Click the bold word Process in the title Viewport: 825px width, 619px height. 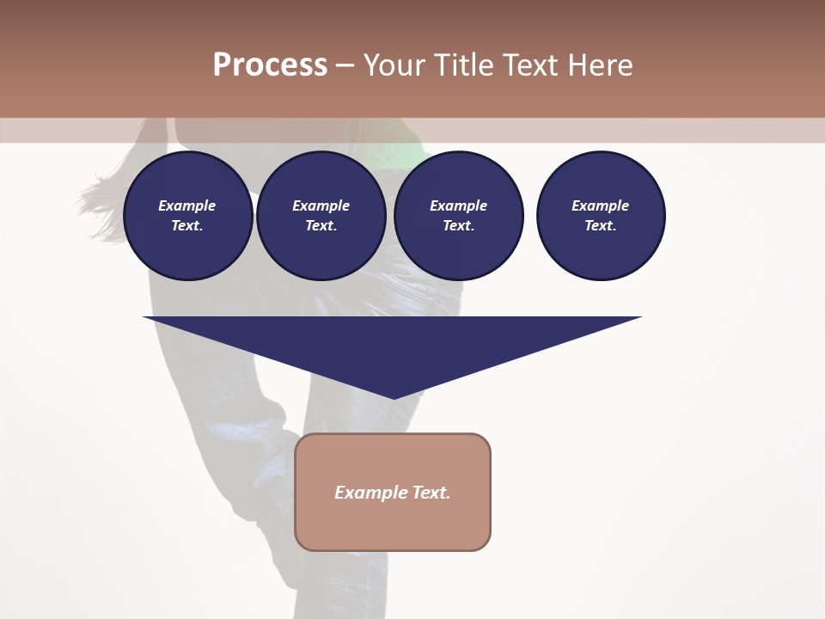pyautogui.click(x=270, y=65)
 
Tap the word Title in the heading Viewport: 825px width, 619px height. pyautogui.click(x=464, y=65)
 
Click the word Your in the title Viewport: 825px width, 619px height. pyautogui.click(x=395, y=65)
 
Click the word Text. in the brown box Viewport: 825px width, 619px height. pyautogui.click(x=431, y=493)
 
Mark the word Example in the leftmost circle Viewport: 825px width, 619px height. pyautogui.click(x=187, y=205)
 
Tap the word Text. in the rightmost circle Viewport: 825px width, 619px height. pyautogui.click(x=600, y=225)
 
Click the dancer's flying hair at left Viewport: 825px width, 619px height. pyautogui.click(x=101, y=202)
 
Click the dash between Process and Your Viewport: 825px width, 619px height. pyautogui.click(x=345, y=65)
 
